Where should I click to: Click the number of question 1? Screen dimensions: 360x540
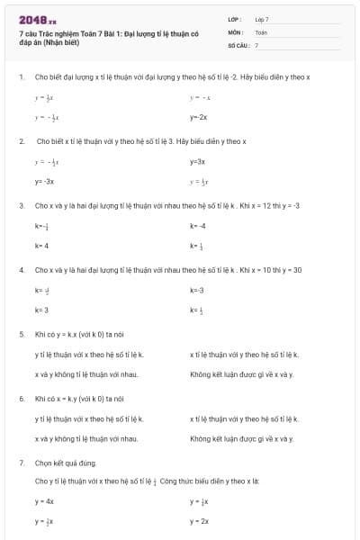pos(22,77)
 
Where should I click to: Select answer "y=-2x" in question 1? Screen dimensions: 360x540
pos(199,117)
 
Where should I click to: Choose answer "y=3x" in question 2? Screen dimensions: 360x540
pos(198,161)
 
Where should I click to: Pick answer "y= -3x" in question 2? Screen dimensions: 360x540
pos(45,181)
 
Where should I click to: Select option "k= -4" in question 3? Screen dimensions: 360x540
pos(198,225)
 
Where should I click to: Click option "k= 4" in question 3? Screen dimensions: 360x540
pos(41,245)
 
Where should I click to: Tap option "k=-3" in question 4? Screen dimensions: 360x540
pos(197,290)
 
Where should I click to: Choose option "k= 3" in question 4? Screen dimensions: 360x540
pos(41,310)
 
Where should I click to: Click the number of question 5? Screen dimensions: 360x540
pos(22,334)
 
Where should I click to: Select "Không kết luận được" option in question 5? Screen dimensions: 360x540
pos(242,373)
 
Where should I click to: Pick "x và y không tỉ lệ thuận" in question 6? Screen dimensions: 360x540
pos(86,438)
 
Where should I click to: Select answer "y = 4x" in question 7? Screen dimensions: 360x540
pos(45,501)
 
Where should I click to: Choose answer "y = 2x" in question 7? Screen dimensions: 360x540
pos(200,521)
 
